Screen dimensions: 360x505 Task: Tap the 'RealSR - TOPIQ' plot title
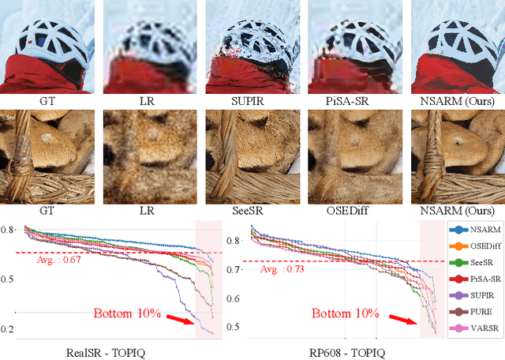[x=103, y=352]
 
